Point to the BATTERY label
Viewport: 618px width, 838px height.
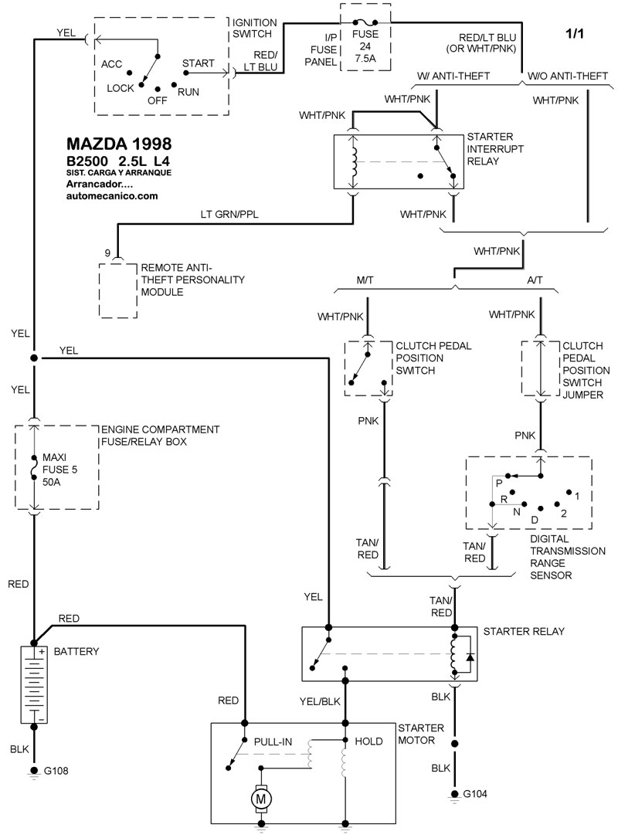tap(76, 652)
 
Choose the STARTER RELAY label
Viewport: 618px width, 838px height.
tap(524, 631)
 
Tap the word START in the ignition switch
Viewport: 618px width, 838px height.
tap(198, 63)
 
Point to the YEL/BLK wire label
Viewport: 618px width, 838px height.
tap(318, 701)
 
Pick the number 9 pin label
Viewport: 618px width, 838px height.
tap(108, 253)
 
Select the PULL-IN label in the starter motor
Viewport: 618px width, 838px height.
tap(273, 741)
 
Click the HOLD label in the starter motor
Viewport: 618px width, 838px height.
tap(368, 741)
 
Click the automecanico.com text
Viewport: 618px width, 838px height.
tap(112, 196)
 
